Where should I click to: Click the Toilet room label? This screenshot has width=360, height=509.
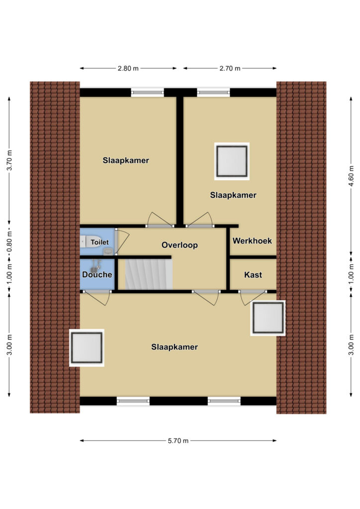coord(99,242)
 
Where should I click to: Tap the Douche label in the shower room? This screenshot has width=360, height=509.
coord(97,274)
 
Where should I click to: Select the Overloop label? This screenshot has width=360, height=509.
coord(180,245)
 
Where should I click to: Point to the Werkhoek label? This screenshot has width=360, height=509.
coord(252,241)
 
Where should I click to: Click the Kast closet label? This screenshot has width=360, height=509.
coord(253,275)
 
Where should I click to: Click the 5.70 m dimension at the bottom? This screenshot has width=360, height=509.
coord(178,440)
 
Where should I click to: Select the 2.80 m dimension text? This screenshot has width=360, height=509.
coord(128,68)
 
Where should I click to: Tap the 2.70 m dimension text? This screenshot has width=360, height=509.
coord(230,68)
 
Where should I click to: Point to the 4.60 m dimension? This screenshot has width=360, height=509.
coord(351,175)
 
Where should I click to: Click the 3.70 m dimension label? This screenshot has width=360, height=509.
coord(9,160)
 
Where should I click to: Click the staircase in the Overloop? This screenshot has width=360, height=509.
coord(149,274)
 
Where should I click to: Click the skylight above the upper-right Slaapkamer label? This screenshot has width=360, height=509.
coord(232,162)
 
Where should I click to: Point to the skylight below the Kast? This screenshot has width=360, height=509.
coord(268,318)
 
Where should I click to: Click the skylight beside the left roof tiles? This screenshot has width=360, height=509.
coord(87,347)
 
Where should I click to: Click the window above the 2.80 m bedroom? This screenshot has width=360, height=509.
coord(147,92)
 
